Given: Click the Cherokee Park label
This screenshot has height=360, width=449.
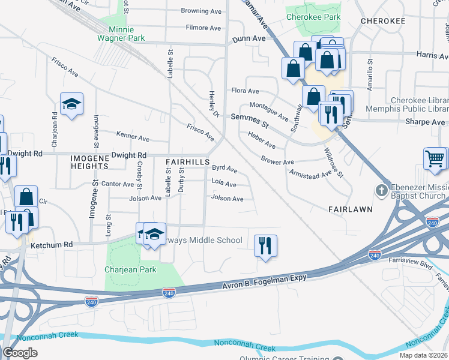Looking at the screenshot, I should pos(313,17).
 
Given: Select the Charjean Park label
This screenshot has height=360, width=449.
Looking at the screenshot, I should pos(130,269).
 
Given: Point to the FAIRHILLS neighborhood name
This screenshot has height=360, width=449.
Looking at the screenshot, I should pos(187,162).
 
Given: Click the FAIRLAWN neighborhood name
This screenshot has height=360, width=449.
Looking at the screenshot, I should pos(351,209).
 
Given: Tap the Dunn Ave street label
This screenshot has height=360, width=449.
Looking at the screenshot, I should pos(249,38).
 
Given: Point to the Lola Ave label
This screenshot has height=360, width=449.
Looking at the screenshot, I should pos(223,184).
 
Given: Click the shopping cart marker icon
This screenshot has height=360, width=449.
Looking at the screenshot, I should pos(435,160).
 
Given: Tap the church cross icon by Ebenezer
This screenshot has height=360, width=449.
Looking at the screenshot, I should pos(381,191).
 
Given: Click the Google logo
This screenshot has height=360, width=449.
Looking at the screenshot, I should pos(20,353).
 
